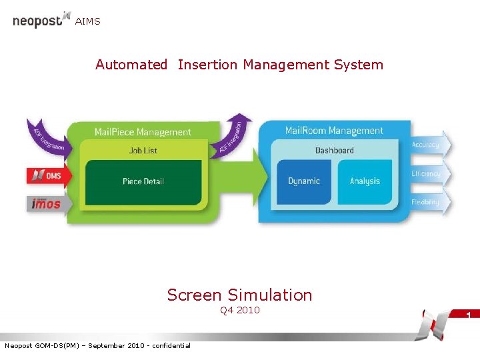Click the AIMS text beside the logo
point(88,22)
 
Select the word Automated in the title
point(131,65)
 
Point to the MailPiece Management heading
point(142,132)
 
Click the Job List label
point(143,151)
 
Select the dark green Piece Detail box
point(143,181)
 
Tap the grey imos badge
point(45,203)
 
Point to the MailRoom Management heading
point(334,131)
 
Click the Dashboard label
point(334,151)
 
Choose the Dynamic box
point(304,181)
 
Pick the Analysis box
point(365,181)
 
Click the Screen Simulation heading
point(239,295)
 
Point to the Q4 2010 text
point(239,310)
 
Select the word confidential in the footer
point(172,345)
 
